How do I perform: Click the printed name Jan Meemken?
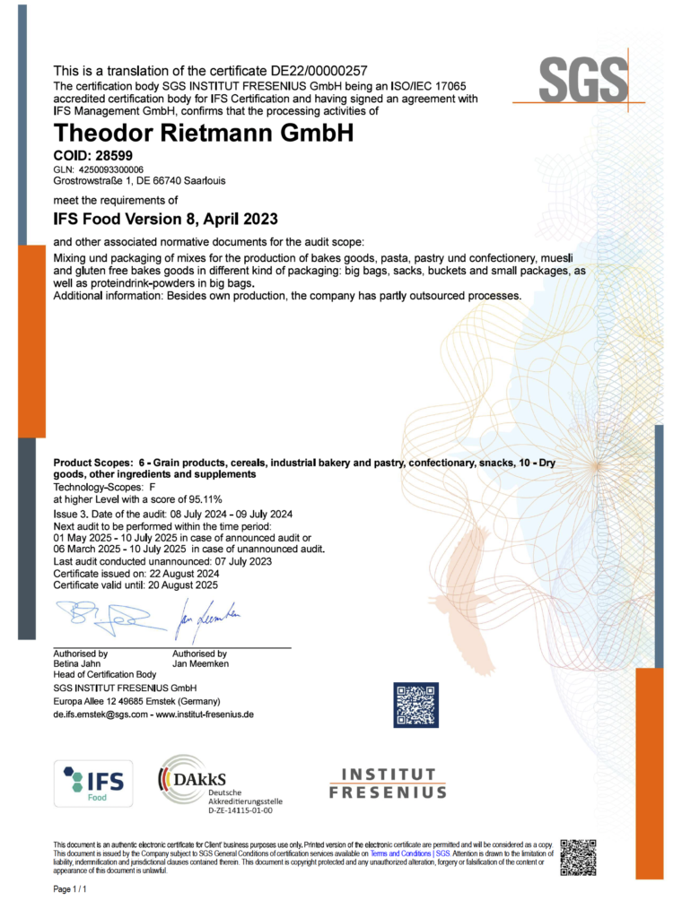[199, 664]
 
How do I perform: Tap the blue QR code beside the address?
[415, 704]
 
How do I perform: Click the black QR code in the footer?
[578, 857]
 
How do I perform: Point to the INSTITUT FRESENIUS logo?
[387, 783]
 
